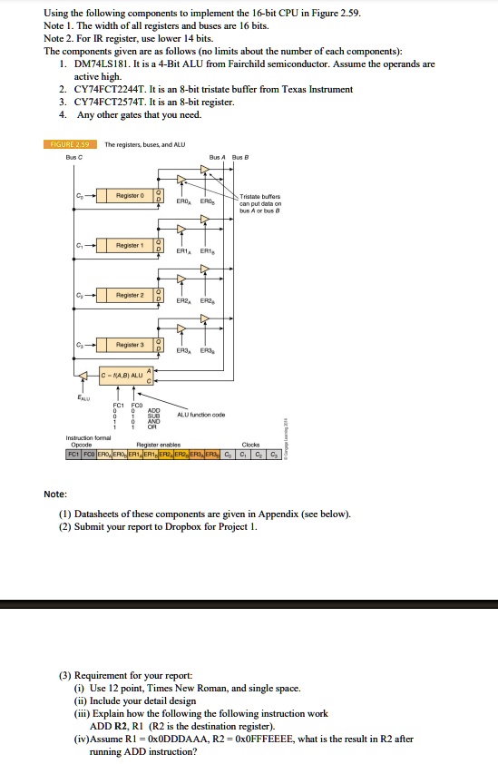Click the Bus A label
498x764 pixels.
pyautogui.click(x=217, y=155)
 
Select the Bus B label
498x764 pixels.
pyautogui.click(x=239, y=155)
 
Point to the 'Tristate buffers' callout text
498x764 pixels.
pyautogui.click(x=260, y=197)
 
